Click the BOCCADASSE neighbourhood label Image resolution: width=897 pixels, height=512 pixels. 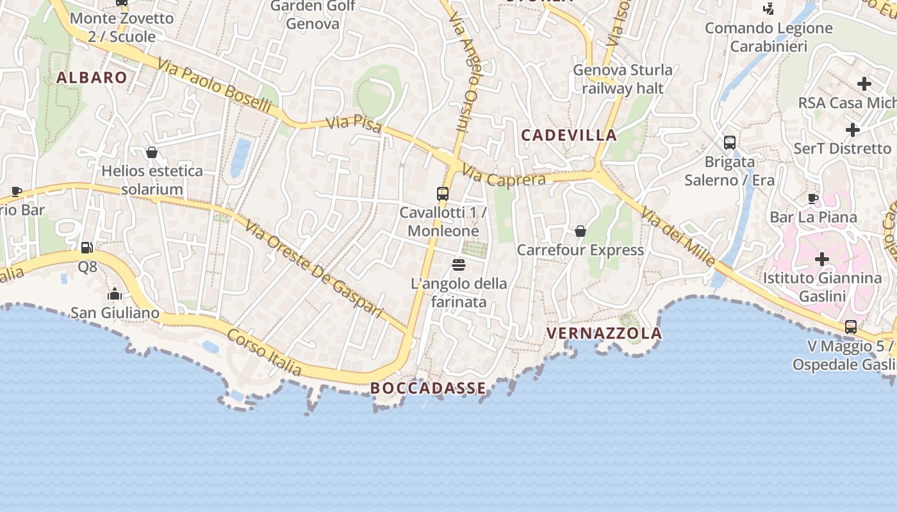428,388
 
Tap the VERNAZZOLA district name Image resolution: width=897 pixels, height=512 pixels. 604,333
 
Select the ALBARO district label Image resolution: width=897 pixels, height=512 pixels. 92,77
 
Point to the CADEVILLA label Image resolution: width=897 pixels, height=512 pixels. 569,135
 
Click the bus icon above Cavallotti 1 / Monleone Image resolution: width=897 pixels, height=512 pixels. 443,193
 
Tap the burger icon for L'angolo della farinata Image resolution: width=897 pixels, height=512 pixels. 458,264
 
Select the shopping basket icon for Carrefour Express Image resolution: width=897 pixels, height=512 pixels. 580,231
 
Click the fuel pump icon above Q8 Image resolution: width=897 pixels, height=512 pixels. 86,247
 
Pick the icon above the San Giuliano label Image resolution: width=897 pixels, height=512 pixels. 115,294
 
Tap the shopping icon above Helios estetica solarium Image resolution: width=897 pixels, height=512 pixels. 152,152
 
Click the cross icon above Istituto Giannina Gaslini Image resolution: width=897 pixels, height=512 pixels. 822,259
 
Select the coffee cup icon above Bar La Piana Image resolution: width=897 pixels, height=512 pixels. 813,198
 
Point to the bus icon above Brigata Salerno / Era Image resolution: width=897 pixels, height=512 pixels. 729,143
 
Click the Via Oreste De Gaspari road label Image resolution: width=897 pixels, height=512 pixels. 313,271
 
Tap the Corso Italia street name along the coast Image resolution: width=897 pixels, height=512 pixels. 264,353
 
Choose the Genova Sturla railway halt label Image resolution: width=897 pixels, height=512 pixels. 623,79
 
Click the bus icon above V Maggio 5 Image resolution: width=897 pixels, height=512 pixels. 851,327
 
